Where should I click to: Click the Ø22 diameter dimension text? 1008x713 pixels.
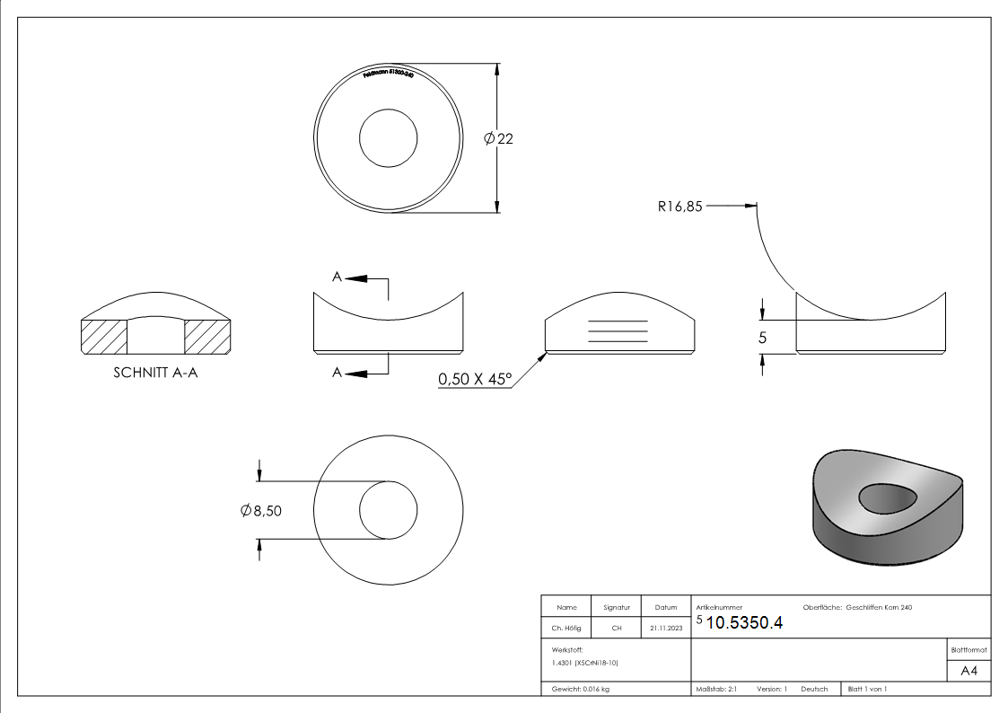[498, 138]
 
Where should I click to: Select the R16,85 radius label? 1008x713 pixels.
[679, 206]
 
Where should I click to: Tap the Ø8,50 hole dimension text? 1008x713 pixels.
[262, 510]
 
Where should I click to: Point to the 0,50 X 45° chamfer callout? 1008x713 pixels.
[474, 380]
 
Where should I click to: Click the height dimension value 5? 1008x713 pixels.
[763, 339]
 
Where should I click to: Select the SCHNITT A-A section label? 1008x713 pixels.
[155, 373]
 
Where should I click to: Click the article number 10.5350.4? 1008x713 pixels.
[744, 623]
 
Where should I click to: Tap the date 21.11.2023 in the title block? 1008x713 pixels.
[665, 629]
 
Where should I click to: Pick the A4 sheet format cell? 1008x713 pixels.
[969, 671]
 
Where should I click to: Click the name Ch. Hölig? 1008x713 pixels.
[565, 629]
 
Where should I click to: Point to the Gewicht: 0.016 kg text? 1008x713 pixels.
[580, 689]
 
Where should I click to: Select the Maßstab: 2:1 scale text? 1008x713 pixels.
[716, 689]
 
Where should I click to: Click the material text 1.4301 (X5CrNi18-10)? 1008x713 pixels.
[585, 663]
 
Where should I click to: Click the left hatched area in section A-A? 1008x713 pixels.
[104, 336]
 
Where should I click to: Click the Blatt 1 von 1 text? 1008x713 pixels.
[867, 689]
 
